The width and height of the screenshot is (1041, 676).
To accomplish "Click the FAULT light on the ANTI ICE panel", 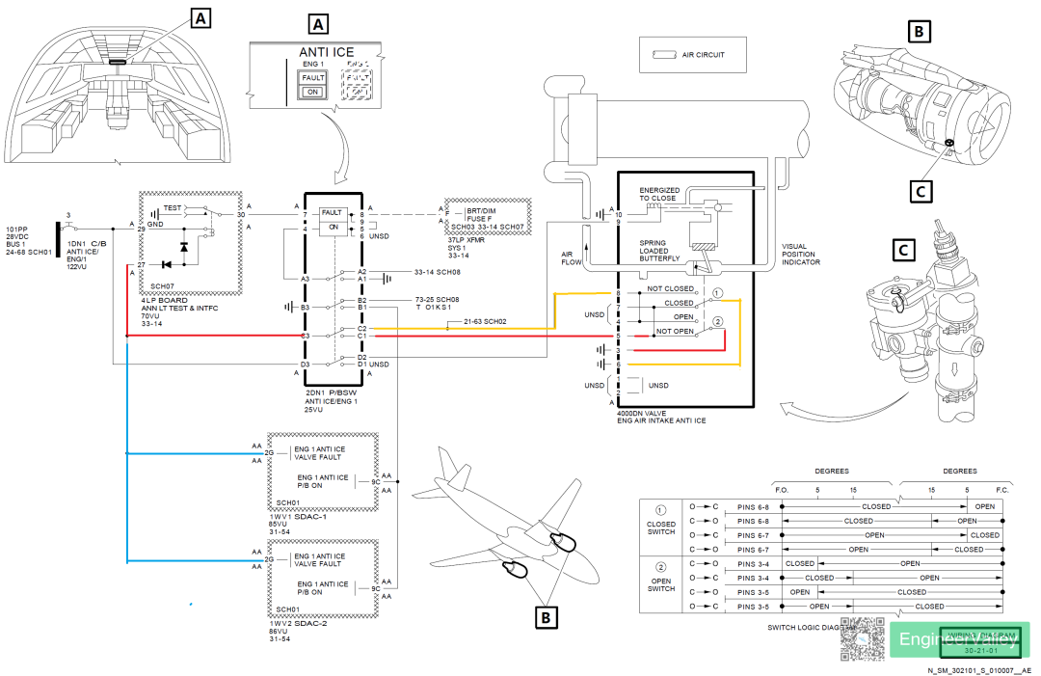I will tap(312, 77).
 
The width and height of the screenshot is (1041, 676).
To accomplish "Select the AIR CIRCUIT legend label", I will tap(703, 55).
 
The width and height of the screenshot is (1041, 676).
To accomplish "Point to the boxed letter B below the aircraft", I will tap(546, 614).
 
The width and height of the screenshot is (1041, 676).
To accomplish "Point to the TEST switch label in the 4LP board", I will tap(173, 207).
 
